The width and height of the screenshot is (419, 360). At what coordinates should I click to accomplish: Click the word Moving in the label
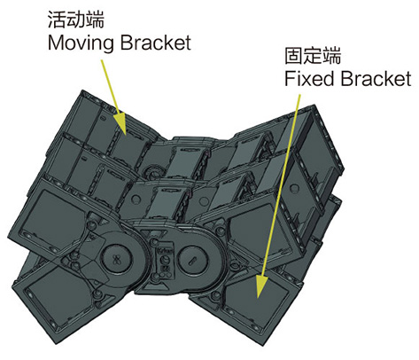81,43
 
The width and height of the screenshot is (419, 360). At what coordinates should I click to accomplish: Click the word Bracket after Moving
156,43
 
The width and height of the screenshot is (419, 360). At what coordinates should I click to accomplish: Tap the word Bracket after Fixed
376,78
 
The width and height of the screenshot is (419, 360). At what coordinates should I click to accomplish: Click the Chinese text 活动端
76,20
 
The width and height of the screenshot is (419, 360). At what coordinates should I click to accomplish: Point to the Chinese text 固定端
313,55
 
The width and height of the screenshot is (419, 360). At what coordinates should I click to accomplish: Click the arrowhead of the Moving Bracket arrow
120,123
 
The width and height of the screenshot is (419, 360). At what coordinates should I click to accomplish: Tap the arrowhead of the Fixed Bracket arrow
261,286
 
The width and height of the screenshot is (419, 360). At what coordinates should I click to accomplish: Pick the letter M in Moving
55,43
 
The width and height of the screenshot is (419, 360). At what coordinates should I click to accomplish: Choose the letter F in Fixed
290,78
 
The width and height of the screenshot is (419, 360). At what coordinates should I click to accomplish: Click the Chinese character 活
57,20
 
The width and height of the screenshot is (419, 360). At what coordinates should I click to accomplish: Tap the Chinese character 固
294,55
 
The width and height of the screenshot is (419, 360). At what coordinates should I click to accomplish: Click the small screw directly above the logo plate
154,242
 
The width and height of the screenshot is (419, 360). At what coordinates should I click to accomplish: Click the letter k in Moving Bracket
171,43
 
